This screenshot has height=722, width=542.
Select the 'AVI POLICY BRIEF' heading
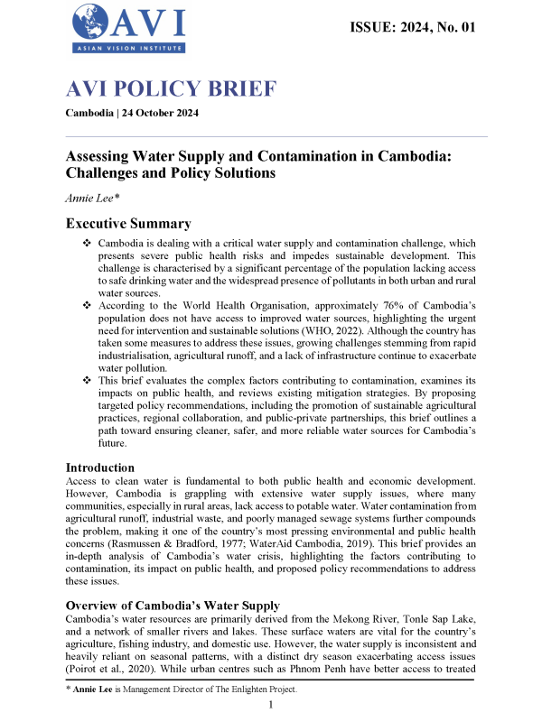click(x=171, y=90)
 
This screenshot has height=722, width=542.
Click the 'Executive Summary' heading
click(x=132, y=225)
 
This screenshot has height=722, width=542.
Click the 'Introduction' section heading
click(x=102, y=467)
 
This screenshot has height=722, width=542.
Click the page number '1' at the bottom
click(x=270, y=705)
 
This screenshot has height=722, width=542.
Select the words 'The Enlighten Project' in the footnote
click(x=238, y=690)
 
